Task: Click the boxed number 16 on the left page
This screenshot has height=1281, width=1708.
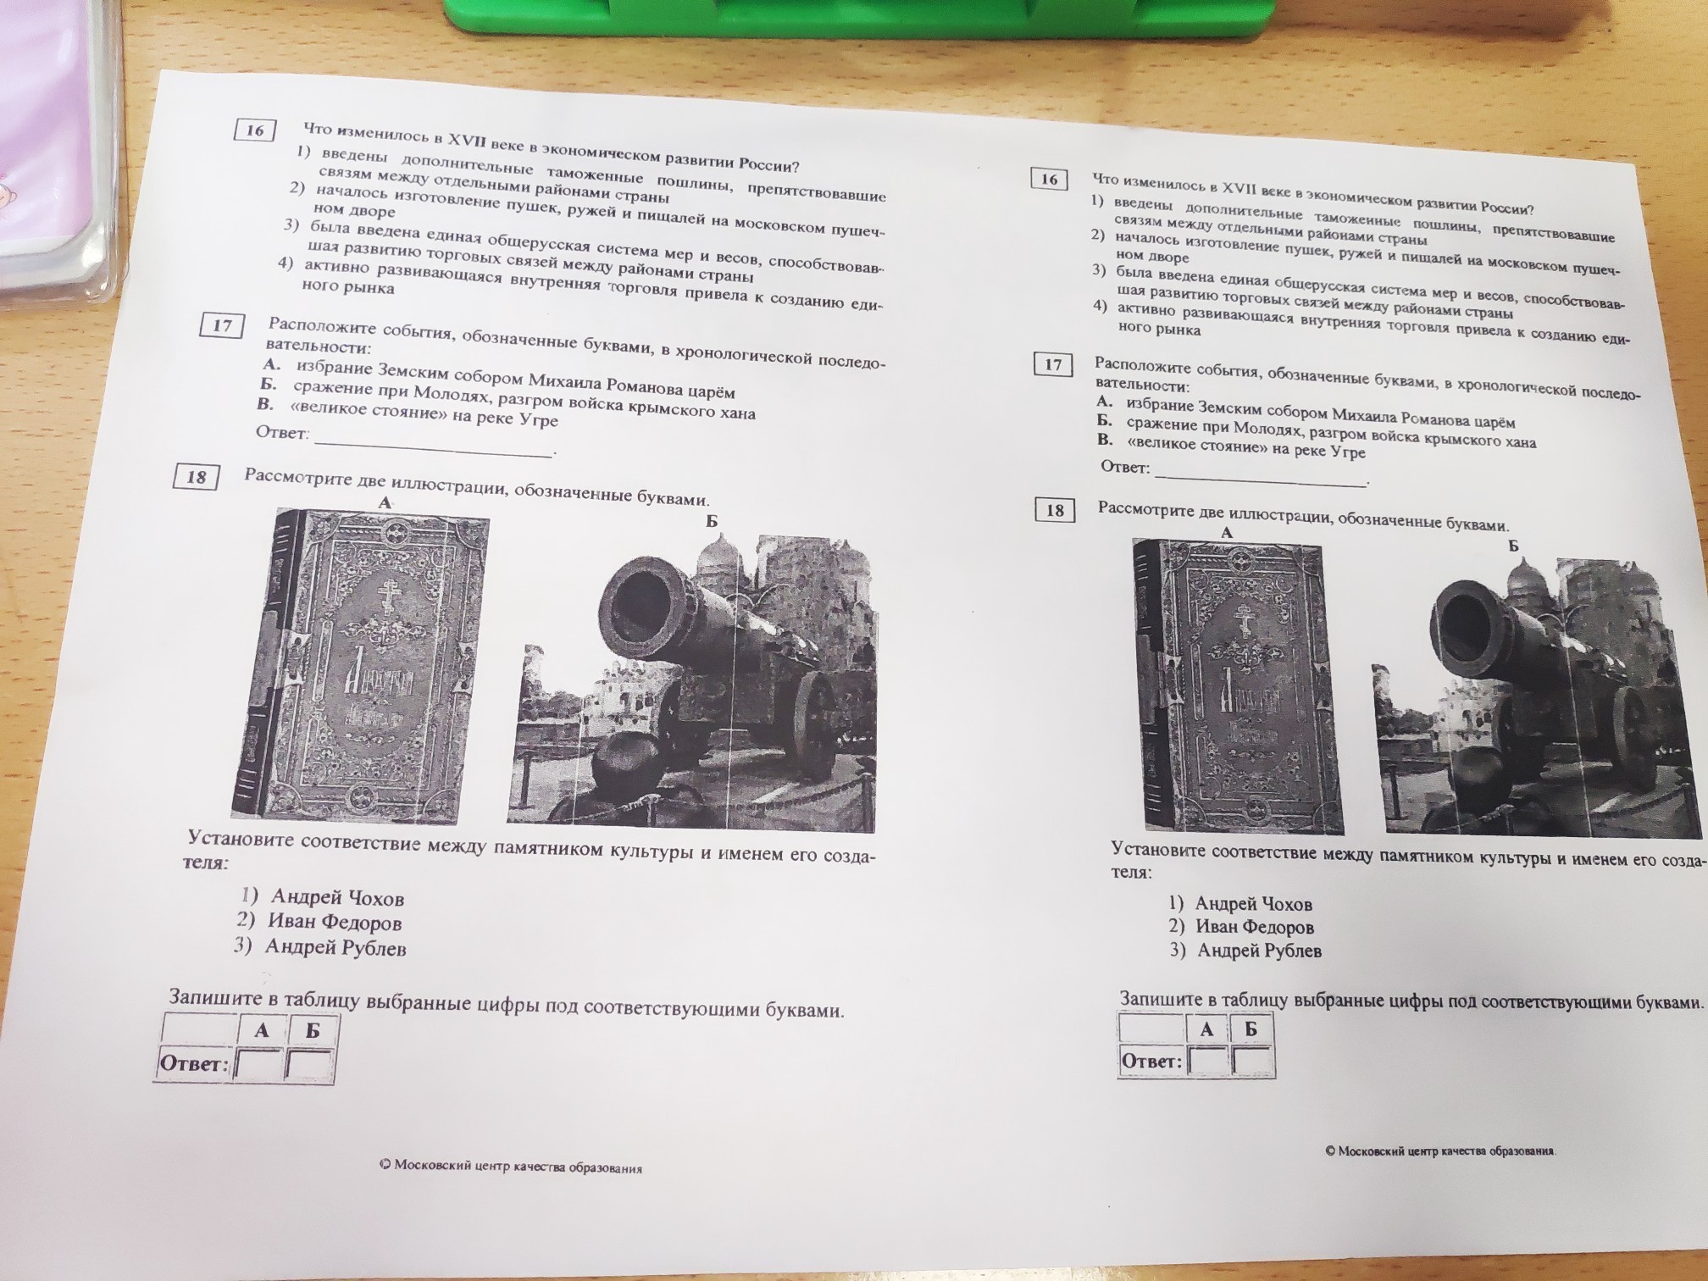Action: click(254, 130)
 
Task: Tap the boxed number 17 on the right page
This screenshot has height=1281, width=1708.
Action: click(1053, 364)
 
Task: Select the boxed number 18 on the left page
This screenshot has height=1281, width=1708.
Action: click(197, 477)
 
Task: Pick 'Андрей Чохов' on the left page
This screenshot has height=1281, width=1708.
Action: click(337, 898)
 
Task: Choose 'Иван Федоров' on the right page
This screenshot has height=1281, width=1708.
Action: click(1255, 928)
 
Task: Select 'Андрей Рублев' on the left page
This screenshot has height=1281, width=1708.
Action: click(335, 947)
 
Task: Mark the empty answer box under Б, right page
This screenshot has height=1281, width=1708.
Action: click(1252, 1060)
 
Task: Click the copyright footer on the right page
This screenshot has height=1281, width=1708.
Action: click(1441, 1151)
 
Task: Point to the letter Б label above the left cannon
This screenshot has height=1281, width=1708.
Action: click(712, 521)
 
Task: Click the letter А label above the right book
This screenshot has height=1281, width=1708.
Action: click(1227, 533)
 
